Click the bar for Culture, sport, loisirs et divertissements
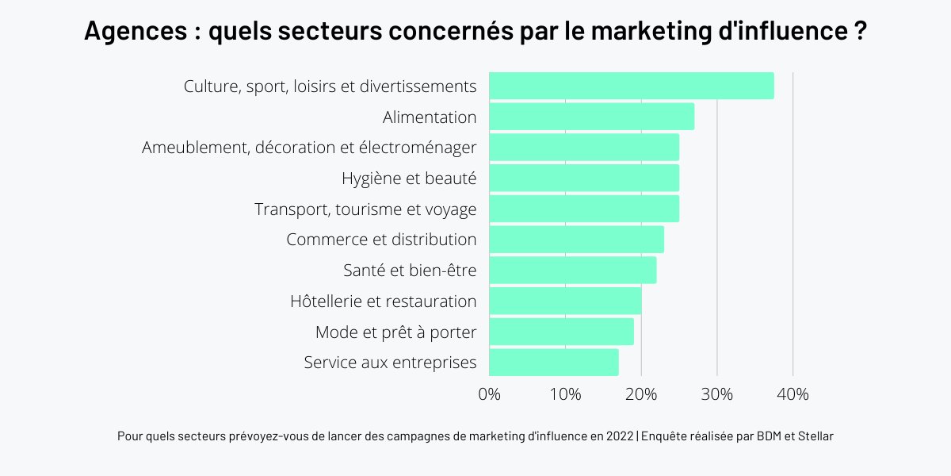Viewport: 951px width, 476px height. [x=631, y=86]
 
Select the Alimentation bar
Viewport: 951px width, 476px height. [x=591, y=117]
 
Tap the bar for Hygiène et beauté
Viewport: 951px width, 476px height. [x=583, y=178]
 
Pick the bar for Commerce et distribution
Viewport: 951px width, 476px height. [x=576, y=239]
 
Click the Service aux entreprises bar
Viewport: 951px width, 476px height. [x=553, y=363]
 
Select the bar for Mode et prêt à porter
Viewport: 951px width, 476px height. [x=561, y=332]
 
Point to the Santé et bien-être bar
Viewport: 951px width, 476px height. [x=572, y=270]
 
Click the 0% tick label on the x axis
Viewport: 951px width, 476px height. [x=490, y=394]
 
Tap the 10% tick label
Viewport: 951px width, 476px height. [x=565, y=394]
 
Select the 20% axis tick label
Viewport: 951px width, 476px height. [x=641, y=394]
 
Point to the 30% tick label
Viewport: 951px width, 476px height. [x=717, y=394]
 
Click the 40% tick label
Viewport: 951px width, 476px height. [x=792, y=394]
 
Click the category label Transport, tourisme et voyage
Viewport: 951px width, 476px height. [x=365, y=209]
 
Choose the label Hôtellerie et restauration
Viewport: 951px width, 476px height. [x=384, y=301]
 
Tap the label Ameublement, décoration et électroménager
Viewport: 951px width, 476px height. [x=309, y=148]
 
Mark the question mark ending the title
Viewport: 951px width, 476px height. [x=860, y=33]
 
